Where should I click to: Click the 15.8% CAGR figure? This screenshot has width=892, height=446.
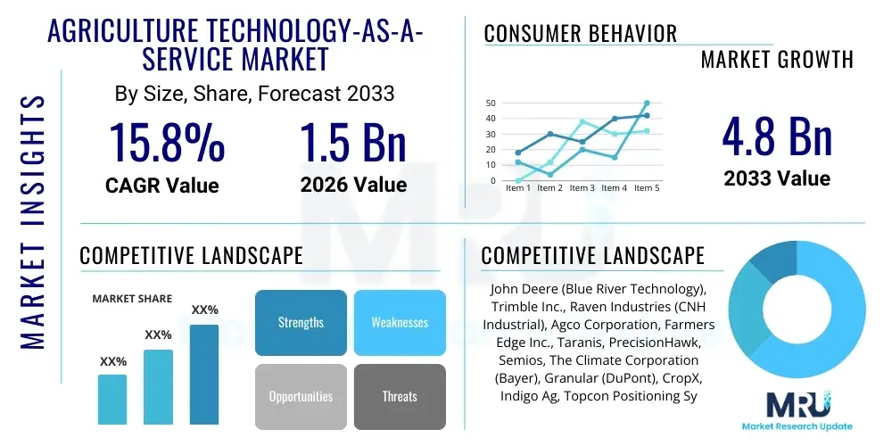pos(166,142)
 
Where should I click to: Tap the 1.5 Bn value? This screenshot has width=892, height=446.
pos(353,142)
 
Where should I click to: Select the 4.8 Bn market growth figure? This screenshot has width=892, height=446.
pos(776,136)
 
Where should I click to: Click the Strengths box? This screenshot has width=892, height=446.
pos(301,322)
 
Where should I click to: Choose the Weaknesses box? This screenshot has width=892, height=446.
pos(400,322)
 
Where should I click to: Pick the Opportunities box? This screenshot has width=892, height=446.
pos(301,396)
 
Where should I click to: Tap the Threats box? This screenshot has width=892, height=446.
pos(400,396)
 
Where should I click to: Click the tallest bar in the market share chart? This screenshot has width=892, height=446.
pos(204,374)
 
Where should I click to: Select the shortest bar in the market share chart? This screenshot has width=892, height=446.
pos(112,399)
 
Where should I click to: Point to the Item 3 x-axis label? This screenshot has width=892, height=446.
pos(582,188)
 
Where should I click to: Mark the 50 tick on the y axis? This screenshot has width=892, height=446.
pos(490,103)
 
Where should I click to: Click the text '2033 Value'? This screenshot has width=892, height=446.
pos(776,178)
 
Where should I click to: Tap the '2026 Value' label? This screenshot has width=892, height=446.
pos(353,185)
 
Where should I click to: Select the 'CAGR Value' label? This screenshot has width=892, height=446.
pos(161,185)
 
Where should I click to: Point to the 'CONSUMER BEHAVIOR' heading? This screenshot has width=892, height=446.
pos(581,34)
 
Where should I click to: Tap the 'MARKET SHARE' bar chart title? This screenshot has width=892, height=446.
pos(132,298)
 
